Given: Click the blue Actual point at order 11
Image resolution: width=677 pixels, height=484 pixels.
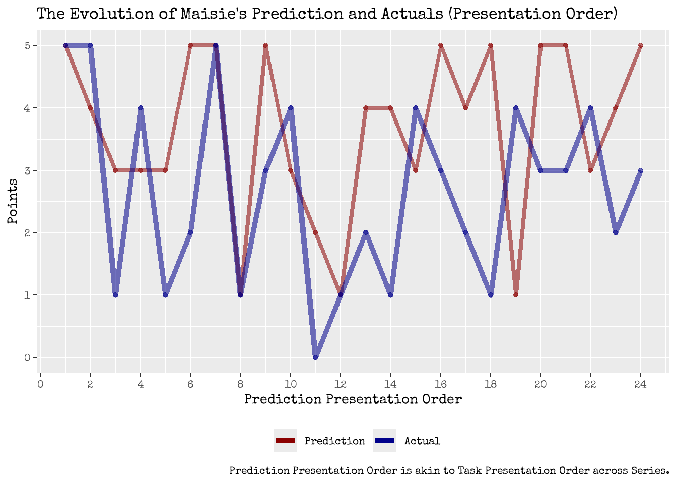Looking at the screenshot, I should [x=315, y=357].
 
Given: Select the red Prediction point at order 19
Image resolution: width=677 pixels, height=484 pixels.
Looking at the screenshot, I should [x=515, y=295].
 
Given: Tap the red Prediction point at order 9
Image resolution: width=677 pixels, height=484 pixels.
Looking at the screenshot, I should [x=265, y=45].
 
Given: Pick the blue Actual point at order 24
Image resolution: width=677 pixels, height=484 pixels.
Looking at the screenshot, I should [x=640, y=170].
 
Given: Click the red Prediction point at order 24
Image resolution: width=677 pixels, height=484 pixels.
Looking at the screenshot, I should [x=640, y=45].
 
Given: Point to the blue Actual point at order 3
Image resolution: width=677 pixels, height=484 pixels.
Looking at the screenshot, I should [x=115, y=295].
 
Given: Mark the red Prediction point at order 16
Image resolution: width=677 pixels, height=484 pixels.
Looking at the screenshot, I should [x=441, y=45].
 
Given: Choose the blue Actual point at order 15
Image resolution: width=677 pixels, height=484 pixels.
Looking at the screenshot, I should [x=416, y=108].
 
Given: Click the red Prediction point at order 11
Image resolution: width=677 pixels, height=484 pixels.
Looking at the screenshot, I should [x=315, y=232].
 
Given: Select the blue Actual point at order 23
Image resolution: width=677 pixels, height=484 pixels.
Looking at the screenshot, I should [x=616, y=232].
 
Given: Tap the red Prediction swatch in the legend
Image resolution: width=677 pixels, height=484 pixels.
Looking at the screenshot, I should [x=285, y=441].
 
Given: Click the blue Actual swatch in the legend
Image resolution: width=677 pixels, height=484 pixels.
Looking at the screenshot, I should [x=384, y=441].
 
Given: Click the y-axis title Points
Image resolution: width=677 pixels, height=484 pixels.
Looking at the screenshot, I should [x=13, y=202].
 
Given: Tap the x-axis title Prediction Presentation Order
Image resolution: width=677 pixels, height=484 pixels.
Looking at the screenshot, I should [x=353, y=400].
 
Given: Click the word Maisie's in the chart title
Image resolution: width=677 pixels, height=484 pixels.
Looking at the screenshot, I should [x=214, y=13].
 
